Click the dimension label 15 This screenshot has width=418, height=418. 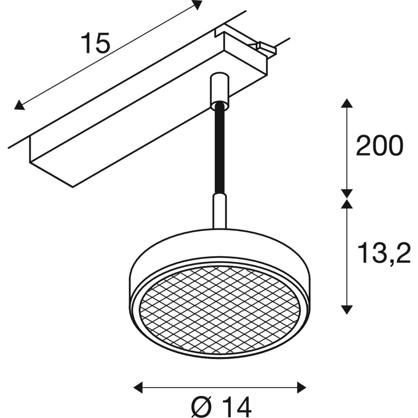click(x=96, y=43)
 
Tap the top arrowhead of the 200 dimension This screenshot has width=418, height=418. click(x=346, y=104)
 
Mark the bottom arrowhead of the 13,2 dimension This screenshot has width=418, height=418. click(x=346, y=309)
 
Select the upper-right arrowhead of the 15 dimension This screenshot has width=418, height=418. click(x=197, y=5)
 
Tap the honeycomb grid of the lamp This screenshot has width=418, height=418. click(x=219, y=309)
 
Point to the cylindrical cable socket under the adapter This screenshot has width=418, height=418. click(x=219, y=90)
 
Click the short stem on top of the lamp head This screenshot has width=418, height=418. click(x=219, y=211)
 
